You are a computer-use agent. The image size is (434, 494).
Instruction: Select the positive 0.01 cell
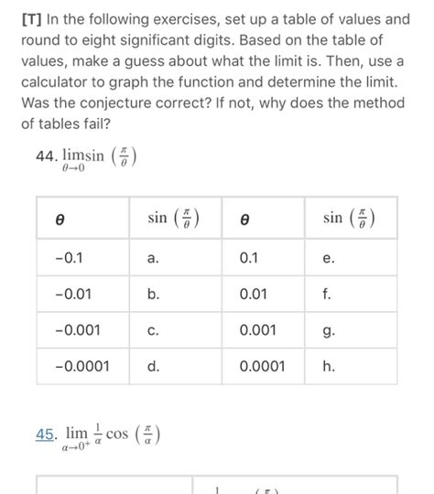pyautogui.click(x=254, y=295)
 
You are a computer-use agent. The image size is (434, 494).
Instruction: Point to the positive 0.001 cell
pyautogui.click(x=257, y=330)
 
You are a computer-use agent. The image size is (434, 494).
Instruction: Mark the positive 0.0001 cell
pyautogui.click(x=262, y=366)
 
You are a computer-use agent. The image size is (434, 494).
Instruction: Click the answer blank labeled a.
pyautogui.click(x=153, y=259)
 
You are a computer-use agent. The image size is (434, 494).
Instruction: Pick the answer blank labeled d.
pyautogui.click(x=153, y=366)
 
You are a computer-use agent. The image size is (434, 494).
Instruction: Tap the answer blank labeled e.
pyautogui.click(x=329, y=259)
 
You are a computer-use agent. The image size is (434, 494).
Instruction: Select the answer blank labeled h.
pyautogui.click(x=329, y=366)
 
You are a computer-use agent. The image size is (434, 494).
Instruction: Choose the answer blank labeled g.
pyautogui.click(x=329, y=330)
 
